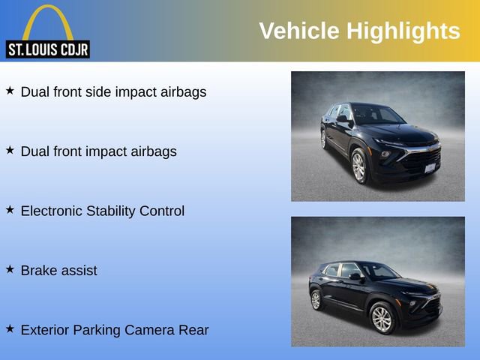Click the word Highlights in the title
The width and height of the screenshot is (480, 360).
coord(403,31)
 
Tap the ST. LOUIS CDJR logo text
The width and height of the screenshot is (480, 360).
coord(47,50)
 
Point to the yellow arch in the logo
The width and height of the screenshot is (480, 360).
coord(47,19)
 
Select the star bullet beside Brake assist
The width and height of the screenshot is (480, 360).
coord(10,268)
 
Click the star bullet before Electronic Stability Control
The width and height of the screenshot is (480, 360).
coord(10,209)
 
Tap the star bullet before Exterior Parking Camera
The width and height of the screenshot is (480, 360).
coord(10,328)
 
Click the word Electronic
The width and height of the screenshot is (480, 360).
coord(52,211)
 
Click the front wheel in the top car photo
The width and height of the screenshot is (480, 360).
coord(359,166)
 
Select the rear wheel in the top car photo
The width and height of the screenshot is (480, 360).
coord(323,139)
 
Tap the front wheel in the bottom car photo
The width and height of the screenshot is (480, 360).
coord(382,319)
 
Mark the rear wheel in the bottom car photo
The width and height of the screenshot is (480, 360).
coord(316,299)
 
